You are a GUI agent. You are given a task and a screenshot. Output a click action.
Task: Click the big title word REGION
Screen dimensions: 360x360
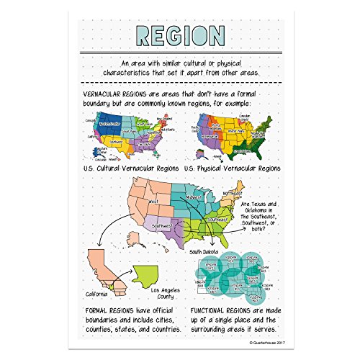point(179,35)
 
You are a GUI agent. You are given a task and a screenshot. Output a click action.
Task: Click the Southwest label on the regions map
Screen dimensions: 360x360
point(163,225)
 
